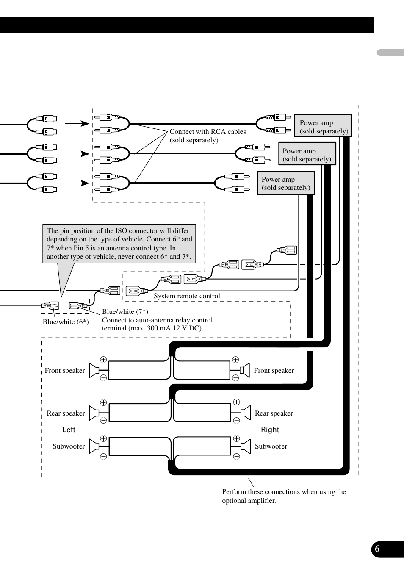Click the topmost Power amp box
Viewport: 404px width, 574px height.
[323, 126]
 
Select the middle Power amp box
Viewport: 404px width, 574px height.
[307, 154]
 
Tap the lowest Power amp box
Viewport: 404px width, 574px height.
[286, 183]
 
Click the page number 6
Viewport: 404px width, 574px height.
[377, 549]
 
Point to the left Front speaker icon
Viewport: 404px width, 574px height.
[94, 370]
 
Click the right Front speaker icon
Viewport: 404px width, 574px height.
[245, 371]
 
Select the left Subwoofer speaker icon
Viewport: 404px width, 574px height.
[94, 446]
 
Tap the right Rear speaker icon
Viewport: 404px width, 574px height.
[246, 413]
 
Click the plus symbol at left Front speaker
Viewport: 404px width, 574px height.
[103, 360]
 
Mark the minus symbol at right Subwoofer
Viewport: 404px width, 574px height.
[236, 457]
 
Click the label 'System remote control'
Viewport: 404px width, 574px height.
[187, 296]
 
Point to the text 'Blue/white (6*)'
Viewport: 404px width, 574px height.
[66, 322]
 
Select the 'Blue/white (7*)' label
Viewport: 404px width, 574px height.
[125, 312]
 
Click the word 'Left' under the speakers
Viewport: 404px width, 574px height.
[69, 430]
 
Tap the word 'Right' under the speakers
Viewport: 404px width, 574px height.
[270, 430]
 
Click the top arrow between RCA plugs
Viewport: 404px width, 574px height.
[77, 123]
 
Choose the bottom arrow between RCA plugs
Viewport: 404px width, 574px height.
[77, 183]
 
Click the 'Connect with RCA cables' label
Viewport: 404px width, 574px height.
[208, 136]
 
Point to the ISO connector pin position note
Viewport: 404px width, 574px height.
[119, 244]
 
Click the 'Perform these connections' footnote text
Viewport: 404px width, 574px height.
[284, 496]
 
